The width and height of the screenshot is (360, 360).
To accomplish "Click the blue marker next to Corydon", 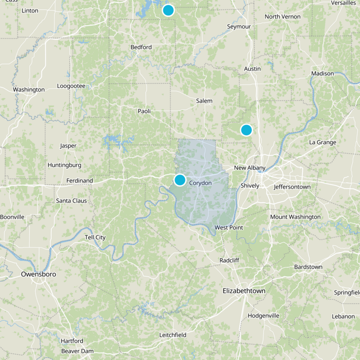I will pyautogui.click(x=180, y=180).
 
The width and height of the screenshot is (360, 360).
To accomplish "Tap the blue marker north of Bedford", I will pyautogui.click(x=168, y=10).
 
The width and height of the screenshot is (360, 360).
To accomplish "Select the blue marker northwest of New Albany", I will pyautogui.click(x=246, y=130).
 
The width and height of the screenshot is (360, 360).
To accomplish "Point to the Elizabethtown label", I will pyautogui.click(x=244, y=291).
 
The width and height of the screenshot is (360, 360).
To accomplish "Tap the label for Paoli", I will pyautogui.click(x=144, y=111).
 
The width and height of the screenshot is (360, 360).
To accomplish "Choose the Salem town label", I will pyautogui.click(x=204, y=101).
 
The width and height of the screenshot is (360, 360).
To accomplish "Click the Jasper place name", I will pyautogui.click(x=68, y=146).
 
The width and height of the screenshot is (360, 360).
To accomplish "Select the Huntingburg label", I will pyautogui.click(x=64, y=165).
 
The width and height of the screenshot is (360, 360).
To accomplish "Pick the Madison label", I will pyautogui.click(x=323, y=73).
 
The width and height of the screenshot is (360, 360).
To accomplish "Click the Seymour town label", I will pyautogui.click(x=238, y=27).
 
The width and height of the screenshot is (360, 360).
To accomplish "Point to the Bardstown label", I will pyautogui.click(x=308, y=267).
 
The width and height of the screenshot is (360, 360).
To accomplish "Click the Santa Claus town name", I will pyautogui.click(x=72, y=201).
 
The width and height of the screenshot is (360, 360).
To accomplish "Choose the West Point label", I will pyautogui.click(x=229, y=228).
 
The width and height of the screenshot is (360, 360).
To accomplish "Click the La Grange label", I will pyautogui.click(x=323, y=143).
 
